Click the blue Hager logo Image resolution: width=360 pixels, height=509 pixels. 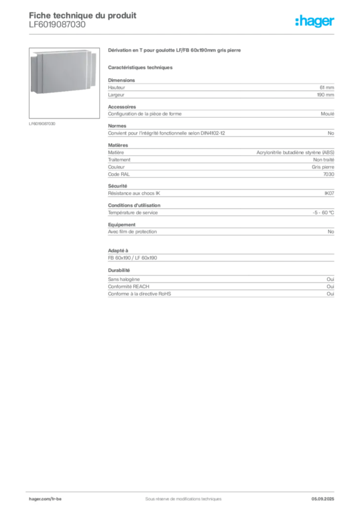pyautogui.click(x=315, y=22)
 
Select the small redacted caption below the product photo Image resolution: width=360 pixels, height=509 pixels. pyautogui.click(x=44, y=123)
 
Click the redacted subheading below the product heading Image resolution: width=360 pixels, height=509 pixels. pyautogui.click(x=141, y=67)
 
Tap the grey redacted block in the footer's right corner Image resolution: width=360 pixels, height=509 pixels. pyautogui.click(x=326, y=496)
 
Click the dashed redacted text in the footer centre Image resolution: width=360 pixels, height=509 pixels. pyautogui.click(x=179, y=496)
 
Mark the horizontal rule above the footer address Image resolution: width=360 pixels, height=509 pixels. pyautogui.click(x=183, y=490)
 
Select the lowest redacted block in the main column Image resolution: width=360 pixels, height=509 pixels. pyautogui.click(x=220, y=288)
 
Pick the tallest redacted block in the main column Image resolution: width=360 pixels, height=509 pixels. pyautogui.click(x=220, y=159)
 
